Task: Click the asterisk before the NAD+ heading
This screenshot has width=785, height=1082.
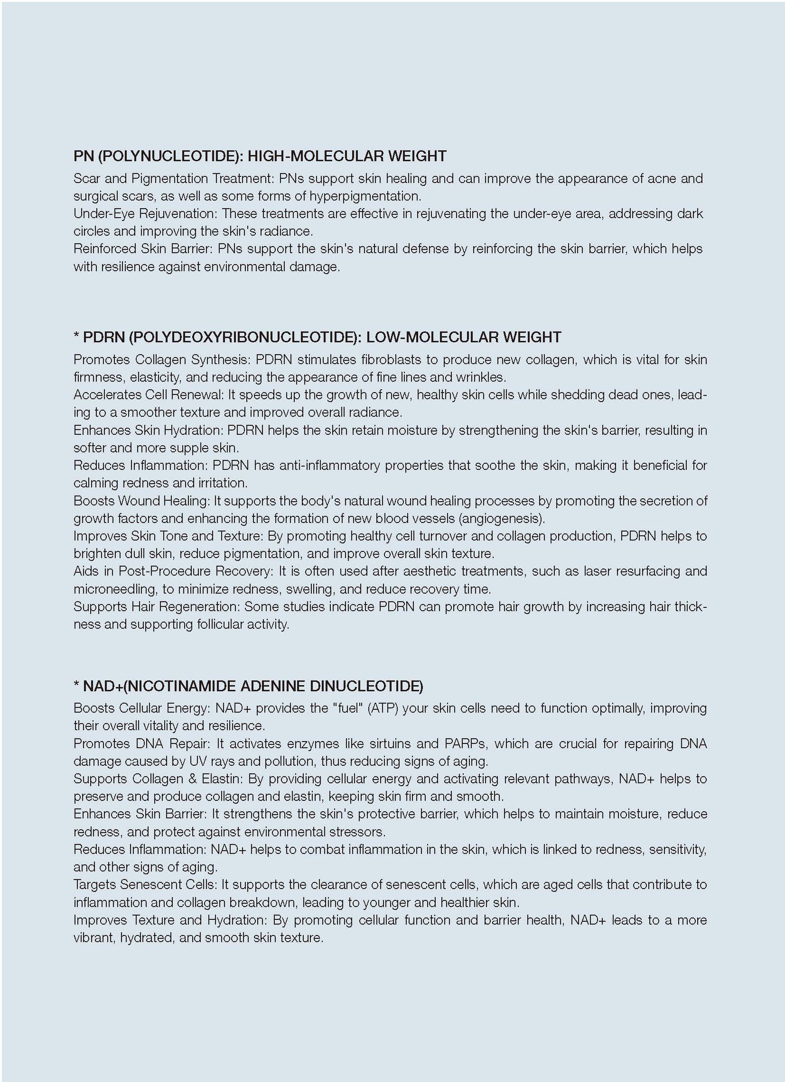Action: tap(76, 686)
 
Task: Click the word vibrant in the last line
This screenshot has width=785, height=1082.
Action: tap(93, 937)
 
